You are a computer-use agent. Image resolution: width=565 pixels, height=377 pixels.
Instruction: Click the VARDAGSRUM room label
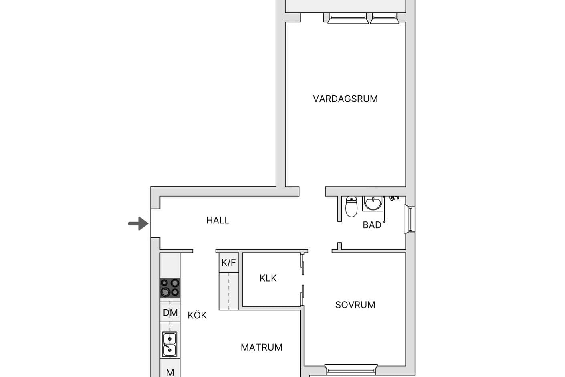pos(345,99)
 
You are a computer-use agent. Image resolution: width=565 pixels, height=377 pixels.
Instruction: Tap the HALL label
pos(218,221)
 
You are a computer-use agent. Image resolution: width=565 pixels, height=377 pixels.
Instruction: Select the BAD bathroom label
pos(372,225)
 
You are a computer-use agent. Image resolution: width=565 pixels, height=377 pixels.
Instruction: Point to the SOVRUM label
pos(355,305)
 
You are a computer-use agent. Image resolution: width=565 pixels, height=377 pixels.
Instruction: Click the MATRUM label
pos(262,347)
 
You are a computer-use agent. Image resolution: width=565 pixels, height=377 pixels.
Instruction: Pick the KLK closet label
pos(268,278)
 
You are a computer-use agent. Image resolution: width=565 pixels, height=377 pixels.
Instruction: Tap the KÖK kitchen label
pos(197,315)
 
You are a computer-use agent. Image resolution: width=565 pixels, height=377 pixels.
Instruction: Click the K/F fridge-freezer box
pos(229,263)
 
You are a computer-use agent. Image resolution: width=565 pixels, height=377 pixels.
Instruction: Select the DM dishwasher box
pos(170,312)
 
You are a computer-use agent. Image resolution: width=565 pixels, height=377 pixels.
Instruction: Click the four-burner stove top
pos(170,288)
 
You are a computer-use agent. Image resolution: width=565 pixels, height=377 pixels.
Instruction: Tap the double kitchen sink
pos(169,345)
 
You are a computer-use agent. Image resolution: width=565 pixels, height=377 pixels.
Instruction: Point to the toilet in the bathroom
pos(351,206)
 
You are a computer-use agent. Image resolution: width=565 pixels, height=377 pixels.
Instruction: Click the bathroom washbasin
pos(373,203)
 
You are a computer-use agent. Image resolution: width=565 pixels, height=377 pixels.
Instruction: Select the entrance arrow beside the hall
pos(138,223)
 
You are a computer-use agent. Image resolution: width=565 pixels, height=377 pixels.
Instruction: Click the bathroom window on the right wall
pos(410,219)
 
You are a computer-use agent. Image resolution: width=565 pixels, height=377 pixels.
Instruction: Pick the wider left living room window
pos(348,18)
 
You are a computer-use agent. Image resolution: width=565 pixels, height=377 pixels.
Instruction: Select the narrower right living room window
pos(384,18)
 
